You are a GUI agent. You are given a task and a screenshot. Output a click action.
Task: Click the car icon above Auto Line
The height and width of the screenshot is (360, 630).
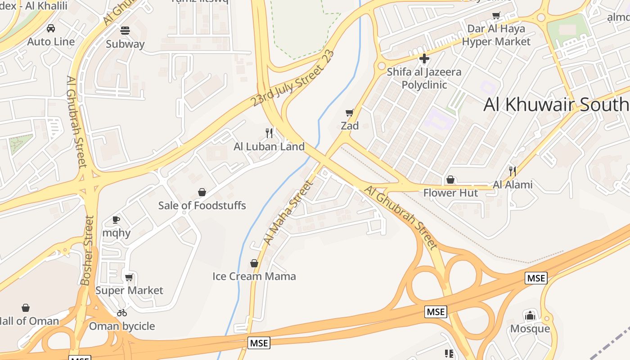pos(51,28)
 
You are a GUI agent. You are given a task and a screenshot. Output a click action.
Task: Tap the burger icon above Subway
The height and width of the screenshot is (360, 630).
pos(125,31)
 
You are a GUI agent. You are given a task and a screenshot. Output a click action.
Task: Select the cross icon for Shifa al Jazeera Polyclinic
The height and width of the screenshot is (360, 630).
pos(424,58)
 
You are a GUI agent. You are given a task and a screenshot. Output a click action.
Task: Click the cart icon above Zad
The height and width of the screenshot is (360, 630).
pos(350,112)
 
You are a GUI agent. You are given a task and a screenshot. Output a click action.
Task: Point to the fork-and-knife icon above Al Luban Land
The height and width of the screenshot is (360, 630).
pos(269,133)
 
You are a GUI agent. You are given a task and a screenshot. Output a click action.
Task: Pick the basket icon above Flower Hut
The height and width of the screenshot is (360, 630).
pos(450,180)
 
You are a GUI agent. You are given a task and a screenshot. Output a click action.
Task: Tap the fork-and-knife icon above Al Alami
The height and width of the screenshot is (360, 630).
pos(512,171)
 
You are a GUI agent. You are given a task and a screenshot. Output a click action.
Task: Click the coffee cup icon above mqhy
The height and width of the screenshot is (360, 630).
pos(116,220)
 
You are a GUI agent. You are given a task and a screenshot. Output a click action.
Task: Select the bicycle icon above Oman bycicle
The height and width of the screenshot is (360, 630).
pos(122,313)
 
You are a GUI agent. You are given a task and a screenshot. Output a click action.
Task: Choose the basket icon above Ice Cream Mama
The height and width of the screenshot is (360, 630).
pos(254,263)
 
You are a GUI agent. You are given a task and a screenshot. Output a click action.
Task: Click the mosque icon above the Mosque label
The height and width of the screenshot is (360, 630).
pos(530,315)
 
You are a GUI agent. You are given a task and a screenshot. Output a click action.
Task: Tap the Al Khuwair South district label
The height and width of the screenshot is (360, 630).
pos(556,104)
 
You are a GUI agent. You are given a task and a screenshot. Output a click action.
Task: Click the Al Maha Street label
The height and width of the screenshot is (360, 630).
pos(288,212)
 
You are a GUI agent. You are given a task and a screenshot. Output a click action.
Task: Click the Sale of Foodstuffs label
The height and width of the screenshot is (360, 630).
pos(202,206)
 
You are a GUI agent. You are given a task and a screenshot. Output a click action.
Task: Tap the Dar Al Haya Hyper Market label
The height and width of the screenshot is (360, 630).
pos(496,35)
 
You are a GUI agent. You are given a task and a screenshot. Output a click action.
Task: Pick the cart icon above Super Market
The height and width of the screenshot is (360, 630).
pos(129,277)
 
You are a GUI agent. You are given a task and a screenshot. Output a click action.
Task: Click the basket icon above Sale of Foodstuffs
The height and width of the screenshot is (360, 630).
pos(202,192)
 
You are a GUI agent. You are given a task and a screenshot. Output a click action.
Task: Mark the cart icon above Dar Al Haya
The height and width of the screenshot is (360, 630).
pos(496,16)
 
